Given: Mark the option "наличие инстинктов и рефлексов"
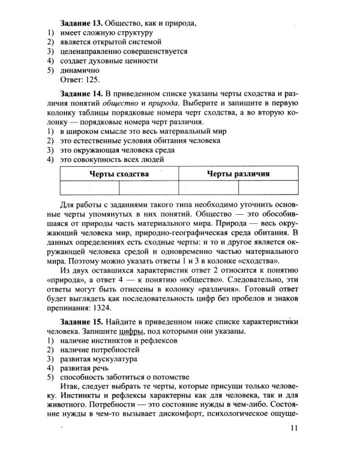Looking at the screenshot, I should click(x=117, y=341).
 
